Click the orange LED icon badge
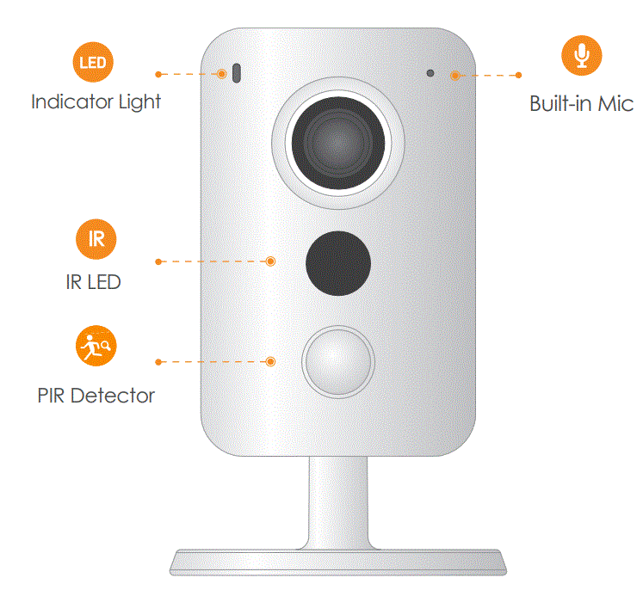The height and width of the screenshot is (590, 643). (x=93, y=63)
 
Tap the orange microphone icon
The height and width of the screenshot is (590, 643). (x=582, y=55)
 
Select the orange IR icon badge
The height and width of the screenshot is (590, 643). (x=96, y=238)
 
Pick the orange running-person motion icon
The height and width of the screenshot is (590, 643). (x=93, y=345)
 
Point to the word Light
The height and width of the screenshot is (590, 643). (x=140, y=101)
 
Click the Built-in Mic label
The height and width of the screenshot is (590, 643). (x=581, y=105)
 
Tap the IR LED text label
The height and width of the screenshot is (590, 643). (x=93, y=281)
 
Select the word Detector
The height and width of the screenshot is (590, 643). (x=113, y=396)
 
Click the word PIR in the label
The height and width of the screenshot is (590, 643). (x=52, y=396)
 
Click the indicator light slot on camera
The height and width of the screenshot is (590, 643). (x=234, y=74)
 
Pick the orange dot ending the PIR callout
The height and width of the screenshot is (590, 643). (x=271, y=361)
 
